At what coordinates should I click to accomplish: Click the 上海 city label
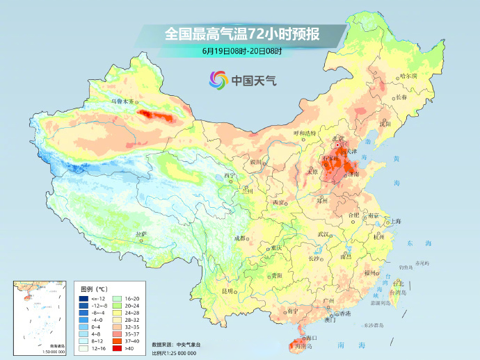[x=395, y=221]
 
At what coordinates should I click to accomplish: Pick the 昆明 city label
[x=227, y=290]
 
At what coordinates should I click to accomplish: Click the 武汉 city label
[x=323, y=234]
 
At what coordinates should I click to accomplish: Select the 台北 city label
[x=398, y=284]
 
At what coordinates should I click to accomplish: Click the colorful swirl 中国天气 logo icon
[x=218, y=80]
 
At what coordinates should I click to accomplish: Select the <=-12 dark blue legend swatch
[x=83, y=298]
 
